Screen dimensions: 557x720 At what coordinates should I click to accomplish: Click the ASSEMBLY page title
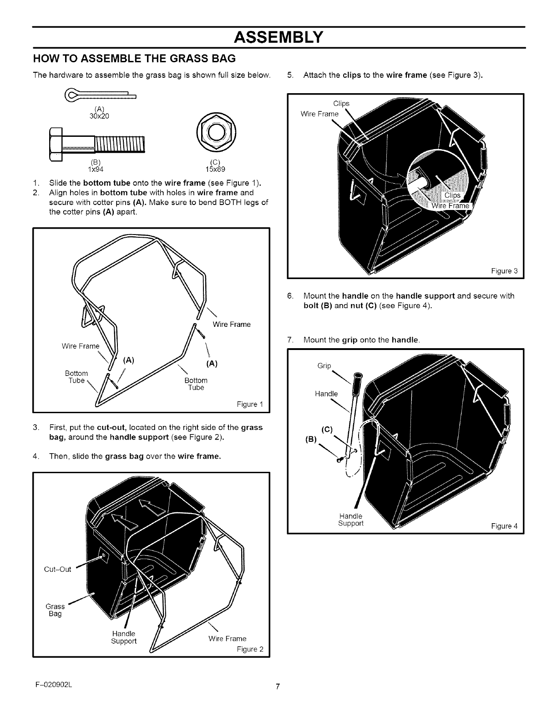pyautogui.click(x=278, y=36)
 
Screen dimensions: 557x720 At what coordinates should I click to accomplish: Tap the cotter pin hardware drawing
pyautogui.click(x=102, y=96)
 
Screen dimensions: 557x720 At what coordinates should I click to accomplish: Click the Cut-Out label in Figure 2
pyautogui.click(x=58, y=570)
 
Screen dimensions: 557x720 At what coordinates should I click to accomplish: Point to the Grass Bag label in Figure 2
pyautogui.click(x=55, y=610)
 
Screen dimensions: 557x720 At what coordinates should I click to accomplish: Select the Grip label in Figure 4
pyautogui.click(x=324, y=365)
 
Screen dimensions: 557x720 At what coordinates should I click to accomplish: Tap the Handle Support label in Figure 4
pyautogui.click(x=351, y=520)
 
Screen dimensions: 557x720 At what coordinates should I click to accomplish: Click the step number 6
pyautogui.click(x=290, y=296)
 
